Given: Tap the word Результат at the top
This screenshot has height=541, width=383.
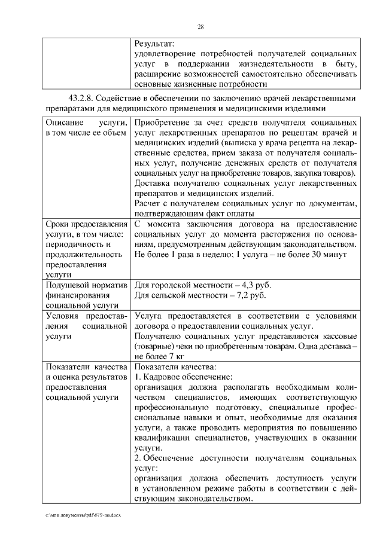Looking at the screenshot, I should point(154,44).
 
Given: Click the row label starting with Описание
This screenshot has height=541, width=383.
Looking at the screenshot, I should point(63,122).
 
